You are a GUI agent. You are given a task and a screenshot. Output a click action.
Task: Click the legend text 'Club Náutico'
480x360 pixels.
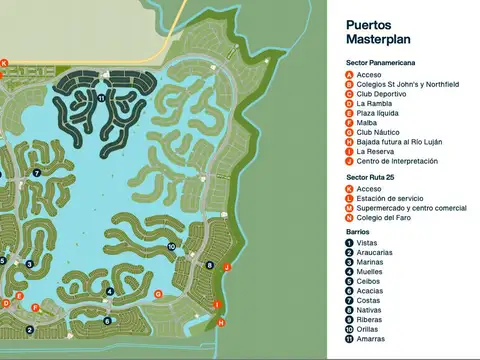(378, 132)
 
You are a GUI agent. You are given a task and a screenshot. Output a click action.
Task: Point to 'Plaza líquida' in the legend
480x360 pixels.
(380, 113)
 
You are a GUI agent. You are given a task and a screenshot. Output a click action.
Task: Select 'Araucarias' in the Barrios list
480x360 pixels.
(375, 252)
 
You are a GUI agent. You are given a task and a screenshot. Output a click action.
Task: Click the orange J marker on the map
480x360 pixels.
(227, 267)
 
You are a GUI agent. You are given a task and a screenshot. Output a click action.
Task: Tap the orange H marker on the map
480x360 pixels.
(221, 323)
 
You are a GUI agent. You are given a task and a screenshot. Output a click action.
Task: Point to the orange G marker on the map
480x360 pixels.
(158, 293)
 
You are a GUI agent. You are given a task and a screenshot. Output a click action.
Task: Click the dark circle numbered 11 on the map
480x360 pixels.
(102, 98)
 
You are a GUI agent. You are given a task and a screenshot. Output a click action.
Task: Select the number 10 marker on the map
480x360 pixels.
(172, 246)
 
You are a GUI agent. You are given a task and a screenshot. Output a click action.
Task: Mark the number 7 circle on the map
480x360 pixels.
(36, 173)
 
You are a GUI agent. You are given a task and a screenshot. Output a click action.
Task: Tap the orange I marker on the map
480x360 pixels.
(217, 304)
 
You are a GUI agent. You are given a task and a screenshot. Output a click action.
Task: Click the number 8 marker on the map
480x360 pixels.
(209, 265)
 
